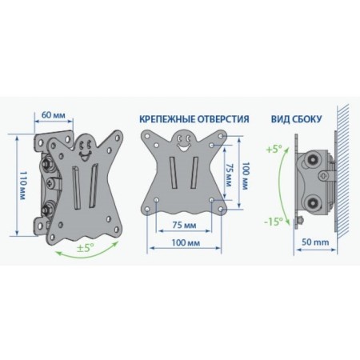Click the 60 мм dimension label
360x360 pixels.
pyautogui.click(x=54, y=115)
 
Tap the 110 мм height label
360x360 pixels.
pyautogui.click(x=22, y=185)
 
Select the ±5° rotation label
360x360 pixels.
pyautogui.click(x=86, y=248)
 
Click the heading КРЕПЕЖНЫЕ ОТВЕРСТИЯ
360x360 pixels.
pyautogui.click(x=194, y=119)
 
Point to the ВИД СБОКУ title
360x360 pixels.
pyautogui.click(x=297, y=119)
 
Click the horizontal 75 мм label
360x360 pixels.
pyautogui.click(x=184, y=225)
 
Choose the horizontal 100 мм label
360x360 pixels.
pyautogui.click(x=186, y=242)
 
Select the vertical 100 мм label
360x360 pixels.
pyautogui.click(x=245, y=176)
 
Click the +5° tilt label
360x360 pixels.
pyautogui.click(x=274, y=149)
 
